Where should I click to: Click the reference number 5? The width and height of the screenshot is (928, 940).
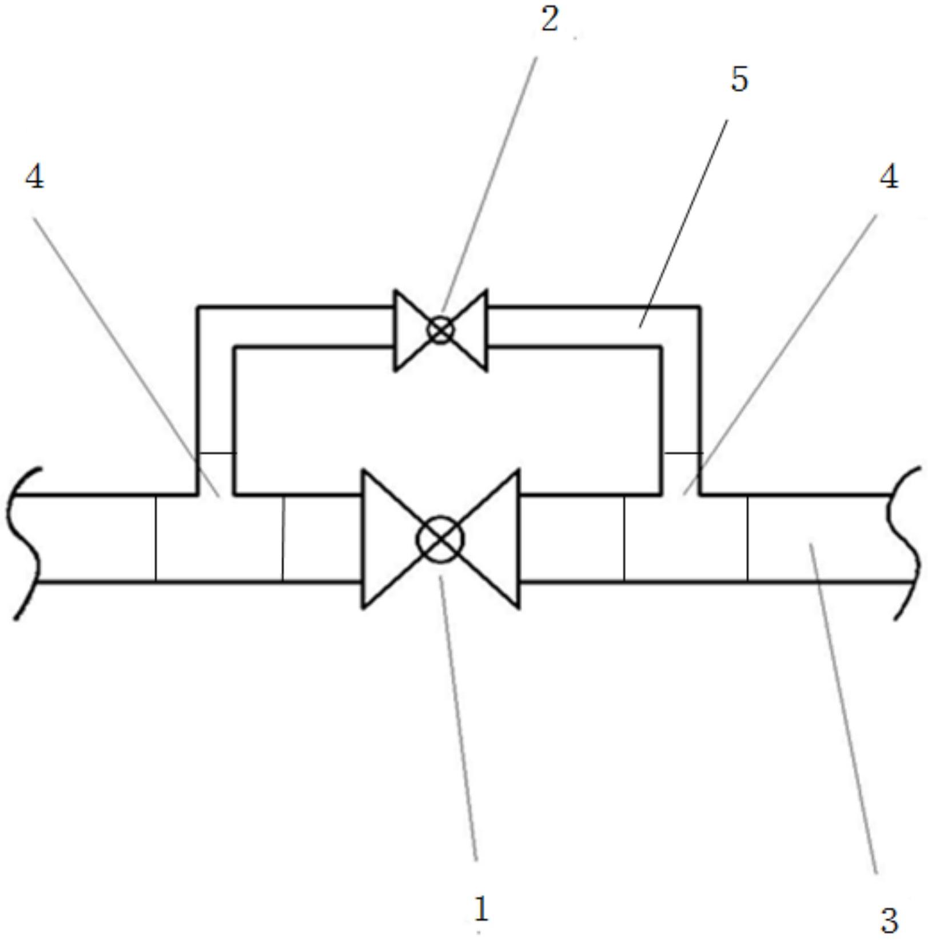click(739, 79)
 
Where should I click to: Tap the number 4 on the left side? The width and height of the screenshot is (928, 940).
click(34, 177)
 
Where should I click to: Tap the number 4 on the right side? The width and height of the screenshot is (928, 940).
click(889, 177)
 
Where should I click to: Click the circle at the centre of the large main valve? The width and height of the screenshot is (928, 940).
click(440, 539)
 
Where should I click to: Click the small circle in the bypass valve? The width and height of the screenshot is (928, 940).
click(441, 330)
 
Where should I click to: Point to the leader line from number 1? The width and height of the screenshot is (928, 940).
click(458, 718)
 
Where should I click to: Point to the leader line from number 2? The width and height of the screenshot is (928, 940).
click(489, 184)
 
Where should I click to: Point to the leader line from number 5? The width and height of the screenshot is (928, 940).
click(683, 223)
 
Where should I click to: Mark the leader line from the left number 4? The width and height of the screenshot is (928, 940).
click(126, 357)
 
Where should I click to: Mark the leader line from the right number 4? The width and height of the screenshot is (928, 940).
click(780, 354)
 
